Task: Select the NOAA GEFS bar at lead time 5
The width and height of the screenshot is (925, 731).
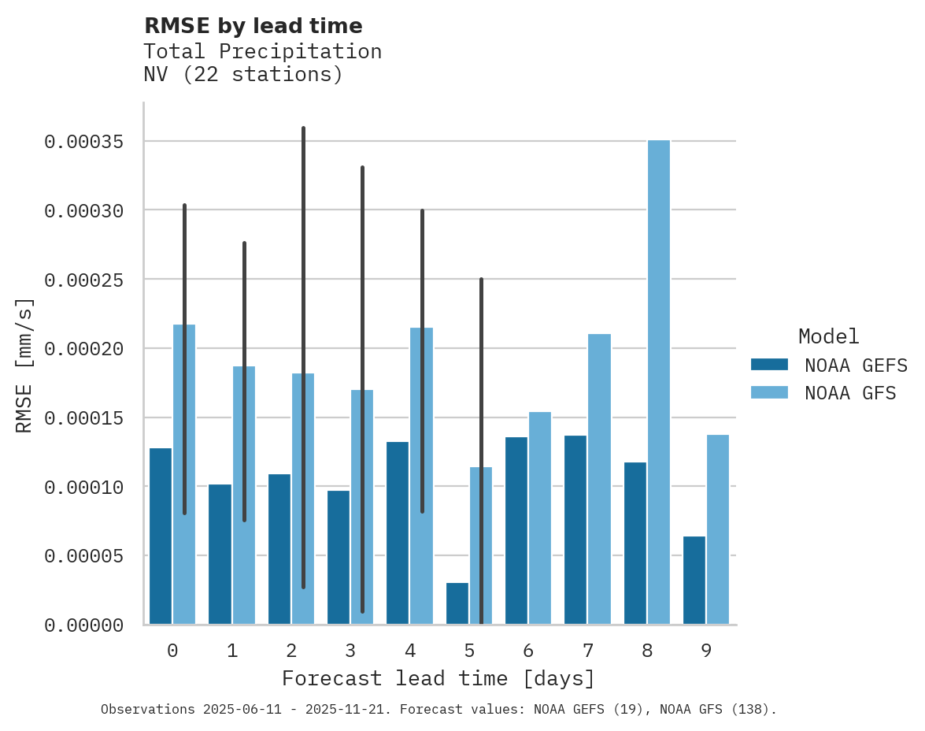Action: point(457,603)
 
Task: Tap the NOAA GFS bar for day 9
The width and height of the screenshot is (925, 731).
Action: point(718,529)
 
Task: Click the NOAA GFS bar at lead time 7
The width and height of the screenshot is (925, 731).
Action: point(599,479)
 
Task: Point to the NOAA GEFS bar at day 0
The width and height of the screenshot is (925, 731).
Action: point(161,536)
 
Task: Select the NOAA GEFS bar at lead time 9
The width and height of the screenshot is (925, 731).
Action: point(694,580)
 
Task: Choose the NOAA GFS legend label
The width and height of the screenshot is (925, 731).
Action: point(850,393)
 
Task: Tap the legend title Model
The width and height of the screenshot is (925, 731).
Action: point(828,336)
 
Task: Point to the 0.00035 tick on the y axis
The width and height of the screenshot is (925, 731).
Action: point(83,142)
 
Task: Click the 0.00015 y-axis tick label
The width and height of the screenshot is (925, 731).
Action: point(83,417)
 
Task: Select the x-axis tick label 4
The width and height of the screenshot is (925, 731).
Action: point(410,651)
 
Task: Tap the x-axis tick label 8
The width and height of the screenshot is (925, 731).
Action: point(647,651)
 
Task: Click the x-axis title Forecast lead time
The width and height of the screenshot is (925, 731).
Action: point(438,678)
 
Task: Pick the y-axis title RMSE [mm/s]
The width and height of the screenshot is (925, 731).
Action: point(25,365)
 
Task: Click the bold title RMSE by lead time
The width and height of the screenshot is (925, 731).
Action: point(253,26)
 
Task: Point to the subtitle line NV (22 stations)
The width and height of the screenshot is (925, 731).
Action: point(243,75)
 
